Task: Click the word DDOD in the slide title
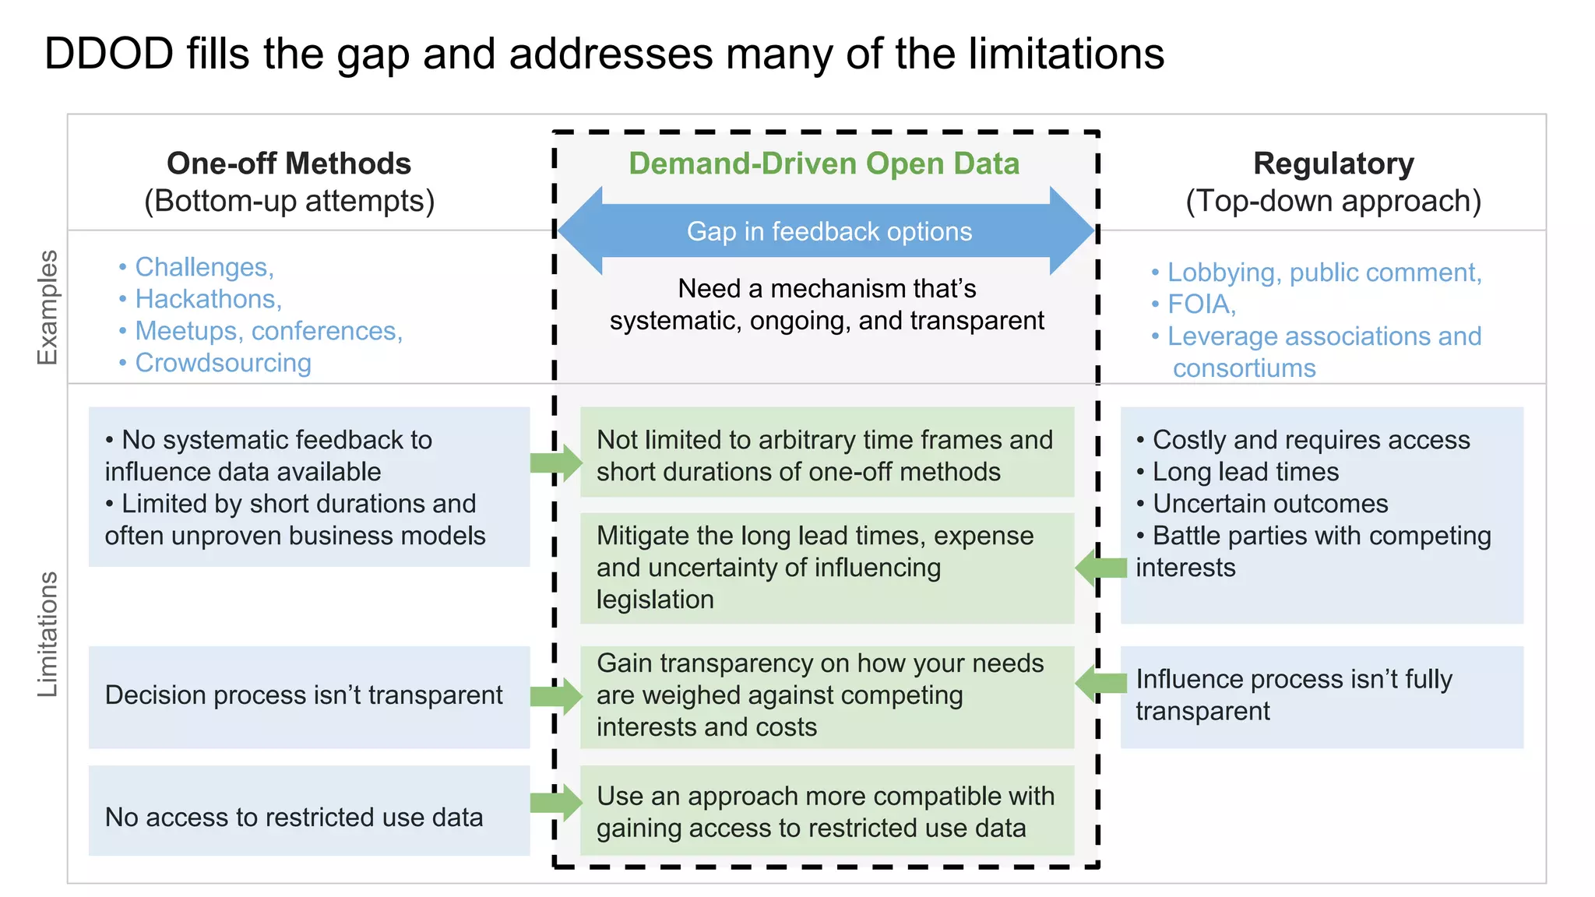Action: pyautogui.click(x=109, y=54)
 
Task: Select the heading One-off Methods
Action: pyautogui.click(x=289, y=164)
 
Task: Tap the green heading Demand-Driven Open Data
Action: pyautogui.click(x=824, y=164)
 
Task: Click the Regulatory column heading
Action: pyautogui.click(x=1333, y=164)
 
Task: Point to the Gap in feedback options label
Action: pyautogui.click(x=829, y=231)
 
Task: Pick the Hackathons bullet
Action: pyautogui.click(x=208, y=299)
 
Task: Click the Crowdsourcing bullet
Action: pyautogui.click(x=223, y=363)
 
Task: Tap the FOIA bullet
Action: pyautogui.click(x=1201, y=304)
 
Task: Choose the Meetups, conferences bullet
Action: pyautogui.click(x=268, y=331)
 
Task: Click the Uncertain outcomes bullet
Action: pyautogui.click(x=1269, y=504)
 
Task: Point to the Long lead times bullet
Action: pyautogui.click(x=1245, y=472)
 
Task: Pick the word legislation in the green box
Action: pyautogui.click(x=655, y=600)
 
